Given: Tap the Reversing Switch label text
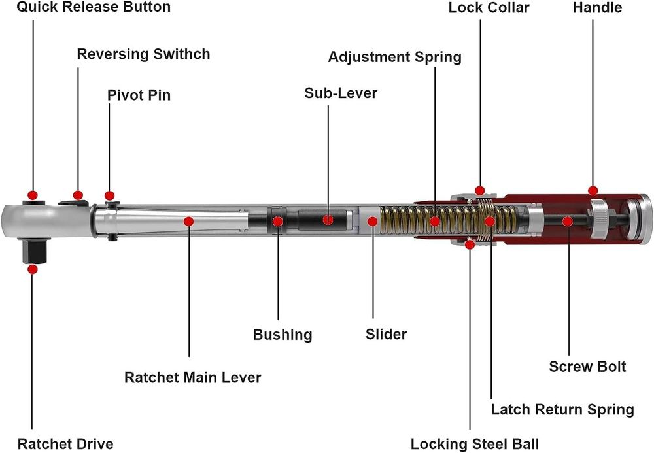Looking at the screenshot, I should (144, 54).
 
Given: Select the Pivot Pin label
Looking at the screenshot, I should (139, 95).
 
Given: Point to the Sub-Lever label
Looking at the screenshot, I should (341, 93).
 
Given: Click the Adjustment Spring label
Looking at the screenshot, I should (394, 57).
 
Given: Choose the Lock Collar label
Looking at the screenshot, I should (489, 8).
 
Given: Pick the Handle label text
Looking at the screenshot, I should (597, 8).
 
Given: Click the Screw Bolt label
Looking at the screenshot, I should (587, 366).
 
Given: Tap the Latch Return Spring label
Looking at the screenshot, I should (562, 410).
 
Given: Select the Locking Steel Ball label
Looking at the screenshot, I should (475, 445).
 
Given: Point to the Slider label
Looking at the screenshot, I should (386, 334).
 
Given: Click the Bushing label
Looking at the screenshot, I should (283, 335).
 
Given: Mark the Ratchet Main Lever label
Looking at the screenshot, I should (193, 377).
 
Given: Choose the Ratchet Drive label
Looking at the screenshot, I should (65, 443).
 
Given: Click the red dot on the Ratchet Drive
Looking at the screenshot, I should (33, 268).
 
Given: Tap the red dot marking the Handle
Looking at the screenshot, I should (593, 191).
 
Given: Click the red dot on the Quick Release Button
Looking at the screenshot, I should (33, 195).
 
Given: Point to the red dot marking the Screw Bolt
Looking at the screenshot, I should (568, 222).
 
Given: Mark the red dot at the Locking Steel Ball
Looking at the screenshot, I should (470, 244).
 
